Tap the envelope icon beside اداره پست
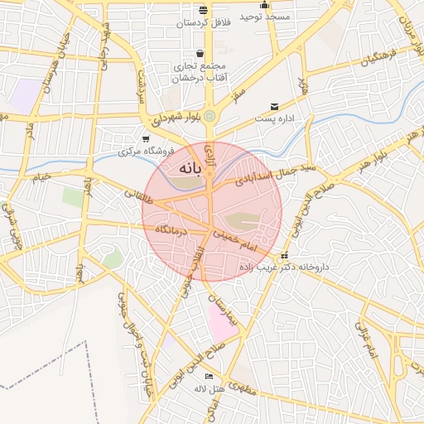(275, 106)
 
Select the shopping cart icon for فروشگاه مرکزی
(146, 138)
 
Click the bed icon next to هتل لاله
(208, 376)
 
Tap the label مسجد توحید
(265, 17)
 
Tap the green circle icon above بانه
(210, 116)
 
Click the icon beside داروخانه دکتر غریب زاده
(285, 255)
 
